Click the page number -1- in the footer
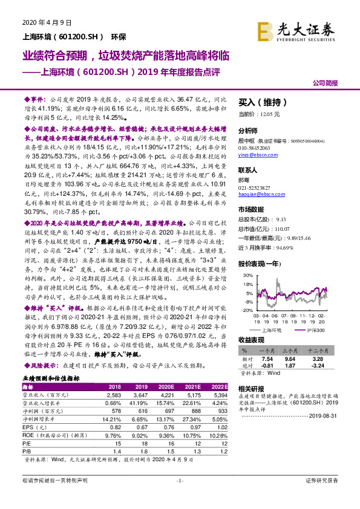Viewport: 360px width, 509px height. pos(179,497)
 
